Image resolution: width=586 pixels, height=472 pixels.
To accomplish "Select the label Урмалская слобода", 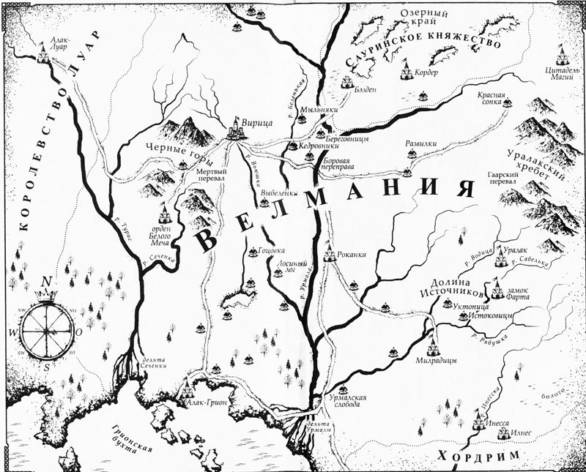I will tap(346, 401).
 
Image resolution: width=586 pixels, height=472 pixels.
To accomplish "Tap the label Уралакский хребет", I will tap(555, 167).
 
